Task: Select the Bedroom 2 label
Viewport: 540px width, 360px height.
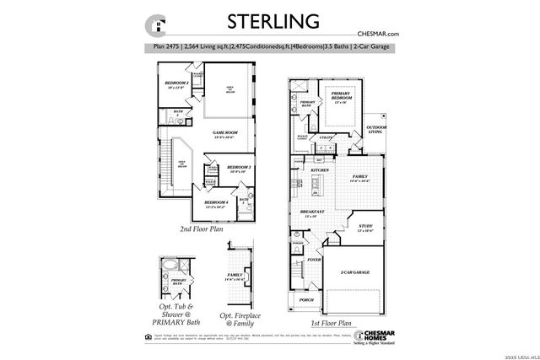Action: point(176,85)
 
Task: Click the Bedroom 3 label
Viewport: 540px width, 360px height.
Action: point(240,169)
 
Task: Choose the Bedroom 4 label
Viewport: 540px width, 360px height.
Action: point(216,204)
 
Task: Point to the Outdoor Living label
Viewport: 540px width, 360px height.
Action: point(376,131)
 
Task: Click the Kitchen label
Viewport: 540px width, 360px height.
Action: point(320,171)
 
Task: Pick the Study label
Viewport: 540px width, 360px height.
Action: point(364,228)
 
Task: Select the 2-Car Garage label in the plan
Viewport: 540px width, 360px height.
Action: point(355,272)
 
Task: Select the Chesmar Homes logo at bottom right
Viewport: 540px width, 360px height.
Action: point(380,334)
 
